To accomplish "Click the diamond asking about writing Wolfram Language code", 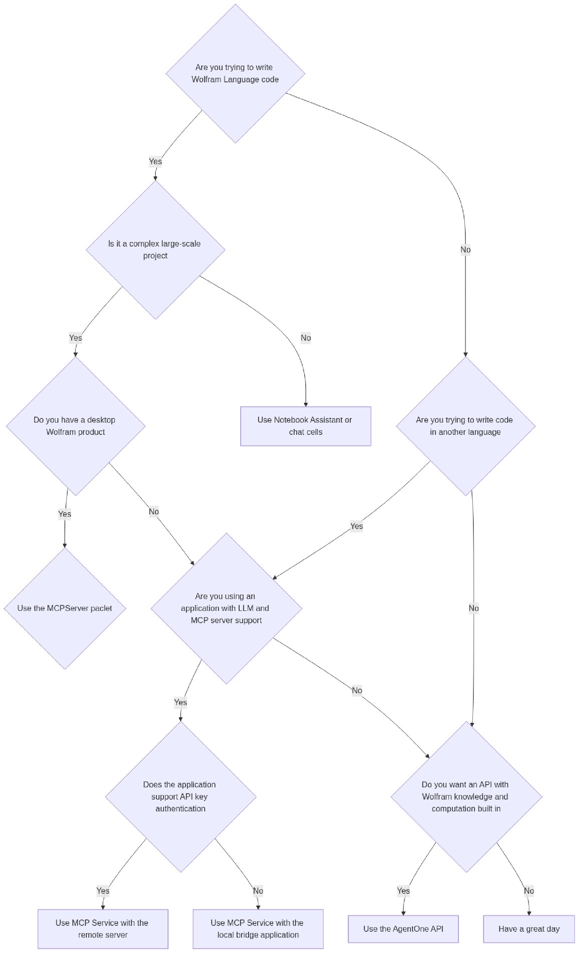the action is tap(235, 74).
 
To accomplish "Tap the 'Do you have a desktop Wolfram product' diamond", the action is tap(76, 426).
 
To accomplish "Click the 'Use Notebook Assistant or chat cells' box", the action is tap(305, 426).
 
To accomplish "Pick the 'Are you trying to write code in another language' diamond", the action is tap(465, 426).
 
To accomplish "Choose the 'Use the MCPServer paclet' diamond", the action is tap(65, 608).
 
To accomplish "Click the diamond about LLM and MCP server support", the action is tap(226, 608).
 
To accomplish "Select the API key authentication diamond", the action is tap(181, 796).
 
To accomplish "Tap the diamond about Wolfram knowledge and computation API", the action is tap(466, 796).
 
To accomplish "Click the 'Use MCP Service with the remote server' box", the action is tap(103, 929).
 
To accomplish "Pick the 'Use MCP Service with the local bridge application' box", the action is tap(258, 929).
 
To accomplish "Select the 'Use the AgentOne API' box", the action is tap(403, 929).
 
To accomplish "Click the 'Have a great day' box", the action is tap(529, 929).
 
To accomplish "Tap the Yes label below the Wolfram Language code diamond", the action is tap(155, 161).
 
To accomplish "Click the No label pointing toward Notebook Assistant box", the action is tap(306, 338).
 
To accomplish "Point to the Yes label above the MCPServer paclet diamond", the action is tap(64, 514).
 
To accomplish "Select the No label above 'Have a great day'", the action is tap(529, 891).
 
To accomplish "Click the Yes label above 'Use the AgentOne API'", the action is tap(403, 891).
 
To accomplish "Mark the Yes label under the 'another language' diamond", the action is tap(356, 526).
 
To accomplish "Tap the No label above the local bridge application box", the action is tap(258, 891).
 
